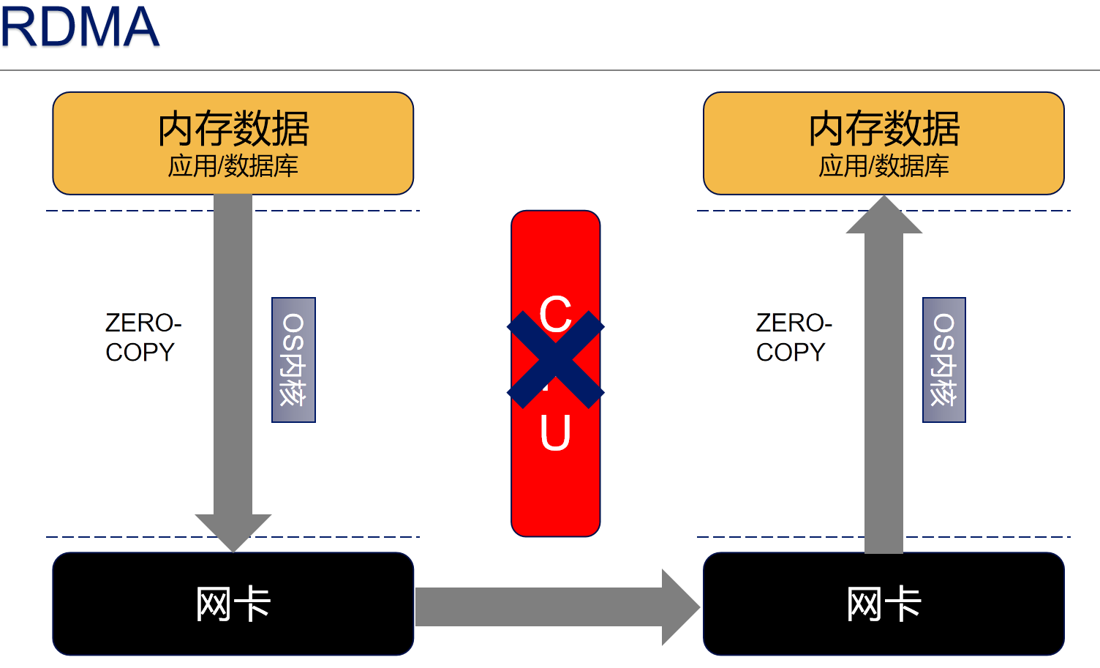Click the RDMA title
(x=79, y=27)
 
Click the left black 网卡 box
(x=233, y=604)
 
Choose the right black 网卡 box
(x=884, y=604)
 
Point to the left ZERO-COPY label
(x=143, y=337)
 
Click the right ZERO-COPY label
(x=794, y=337)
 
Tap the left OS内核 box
(x=293, y=360)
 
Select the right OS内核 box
(x=943, y=360)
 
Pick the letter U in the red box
(x=555, y=433)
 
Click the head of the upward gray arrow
(x=884, y=216)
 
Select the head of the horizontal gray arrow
(x=680, y=607)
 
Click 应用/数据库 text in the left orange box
(x=233, y=166)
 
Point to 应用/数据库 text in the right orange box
(x=884, y=166)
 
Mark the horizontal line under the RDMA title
(x=549, y=70)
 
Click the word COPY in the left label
(x=140, y=352)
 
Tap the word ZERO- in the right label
(x=794, y=323)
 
